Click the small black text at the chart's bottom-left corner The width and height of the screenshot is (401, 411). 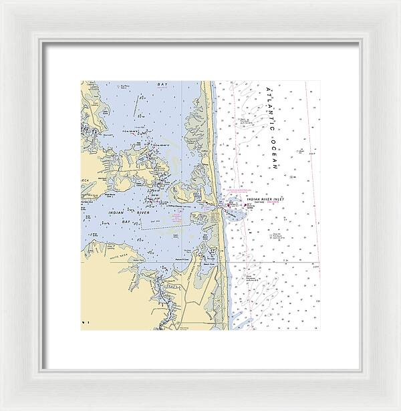tap(84, 322)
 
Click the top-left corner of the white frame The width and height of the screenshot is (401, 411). tap(2, 2)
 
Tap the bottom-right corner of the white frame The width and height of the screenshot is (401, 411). tap(398, 408)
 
